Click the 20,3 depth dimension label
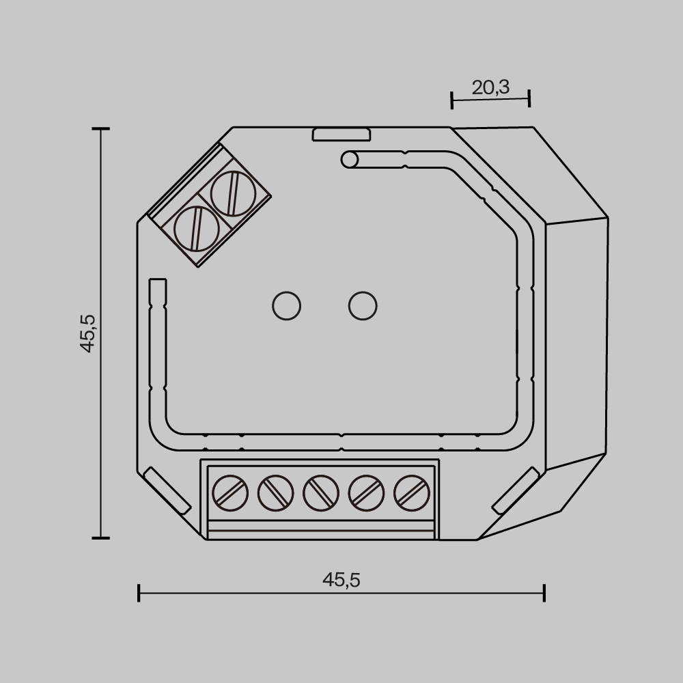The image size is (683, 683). point(490,87)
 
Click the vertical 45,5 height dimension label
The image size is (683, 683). point(87,333)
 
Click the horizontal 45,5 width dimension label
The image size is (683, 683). point(341,580)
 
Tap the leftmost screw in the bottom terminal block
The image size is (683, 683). point(230,492)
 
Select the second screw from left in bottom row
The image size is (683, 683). point(275,492)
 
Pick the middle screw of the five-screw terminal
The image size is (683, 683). point(321,492)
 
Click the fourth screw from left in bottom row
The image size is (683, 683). point(367,492)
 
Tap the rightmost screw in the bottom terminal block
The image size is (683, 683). point(412,492)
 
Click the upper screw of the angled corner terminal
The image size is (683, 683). point(233,193)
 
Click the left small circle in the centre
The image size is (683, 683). point(286,305)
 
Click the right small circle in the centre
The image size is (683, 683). point(363,305)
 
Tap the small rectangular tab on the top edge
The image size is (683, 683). point(341,135)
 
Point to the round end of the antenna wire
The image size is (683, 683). point(349,160)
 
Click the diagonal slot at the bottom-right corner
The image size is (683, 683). point(516,490)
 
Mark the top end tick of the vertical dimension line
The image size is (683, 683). point(101,128)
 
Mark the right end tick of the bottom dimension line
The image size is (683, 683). point(544,592)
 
